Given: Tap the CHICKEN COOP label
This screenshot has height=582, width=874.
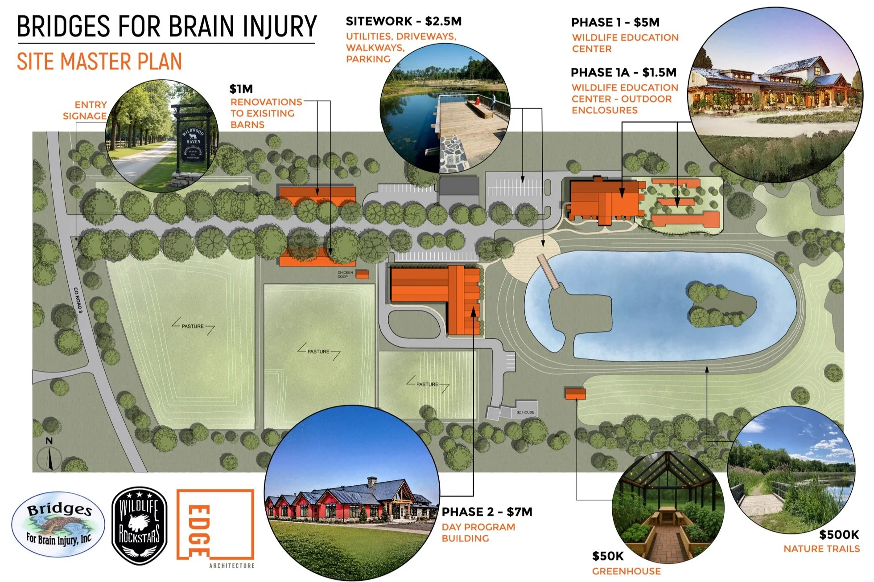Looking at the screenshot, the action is tap(345, 275).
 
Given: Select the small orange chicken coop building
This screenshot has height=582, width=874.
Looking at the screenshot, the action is tap(362, 275).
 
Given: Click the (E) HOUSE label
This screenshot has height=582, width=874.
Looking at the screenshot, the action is tap(525, 412).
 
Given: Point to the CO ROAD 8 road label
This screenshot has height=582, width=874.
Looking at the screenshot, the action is tap(78, 300).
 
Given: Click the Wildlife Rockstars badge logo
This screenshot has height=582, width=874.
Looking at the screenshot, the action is tap(139, 526).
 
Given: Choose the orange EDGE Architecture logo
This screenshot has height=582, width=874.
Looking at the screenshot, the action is tap(215, 526).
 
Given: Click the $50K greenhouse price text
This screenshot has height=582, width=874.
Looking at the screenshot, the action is tap(608, 556).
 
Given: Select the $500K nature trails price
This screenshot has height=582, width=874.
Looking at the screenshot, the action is tap(839, 534).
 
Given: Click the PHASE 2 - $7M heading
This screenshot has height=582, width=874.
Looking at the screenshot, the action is tap(487, 512).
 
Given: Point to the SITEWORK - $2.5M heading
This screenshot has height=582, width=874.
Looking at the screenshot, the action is tap(404, 21).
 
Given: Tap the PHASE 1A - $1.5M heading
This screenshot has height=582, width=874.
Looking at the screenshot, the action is tap(623, 72).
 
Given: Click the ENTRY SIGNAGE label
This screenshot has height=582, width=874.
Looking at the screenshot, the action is tap(86, 110).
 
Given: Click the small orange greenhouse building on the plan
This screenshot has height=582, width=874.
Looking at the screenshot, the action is tap(575, 393).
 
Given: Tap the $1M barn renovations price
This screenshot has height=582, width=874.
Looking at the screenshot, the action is tap(241, 89).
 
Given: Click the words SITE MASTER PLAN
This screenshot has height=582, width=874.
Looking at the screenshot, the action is tap(99, 61).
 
